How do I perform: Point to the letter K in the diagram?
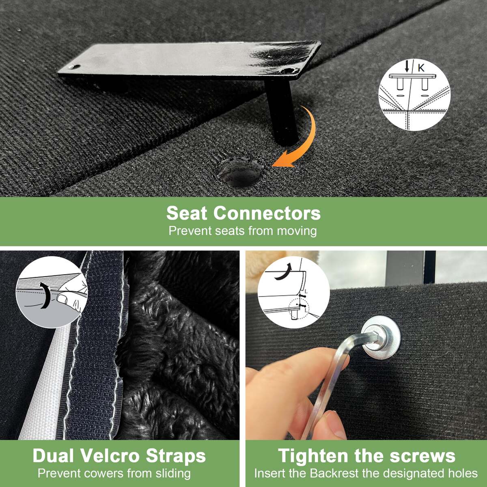pos(421,68)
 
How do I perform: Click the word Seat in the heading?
pos(187,213)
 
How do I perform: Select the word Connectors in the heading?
pos(267,213)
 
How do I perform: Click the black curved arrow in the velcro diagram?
pos(45,296)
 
